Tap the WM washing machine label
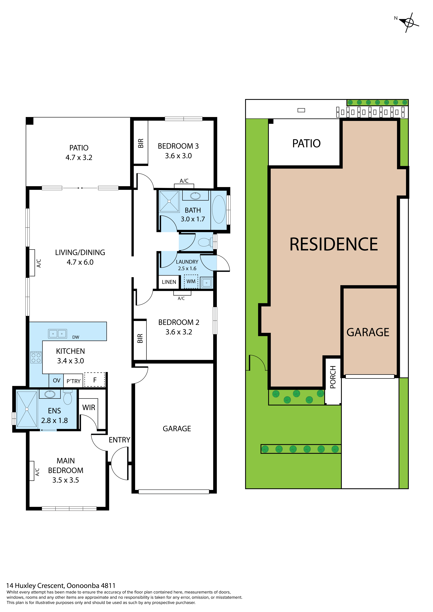(x=191, y=281)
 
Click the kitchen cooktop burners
(x=36, y=357)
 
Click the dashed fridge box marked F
(x=95, y=380)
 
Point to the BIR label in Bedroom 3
(x=141, y=143)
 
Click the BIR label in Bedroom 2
(x=140, y=339)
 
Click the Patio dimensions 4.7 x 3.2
(x=79, y=158)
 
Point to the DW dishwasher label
(x=76, y=337)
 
